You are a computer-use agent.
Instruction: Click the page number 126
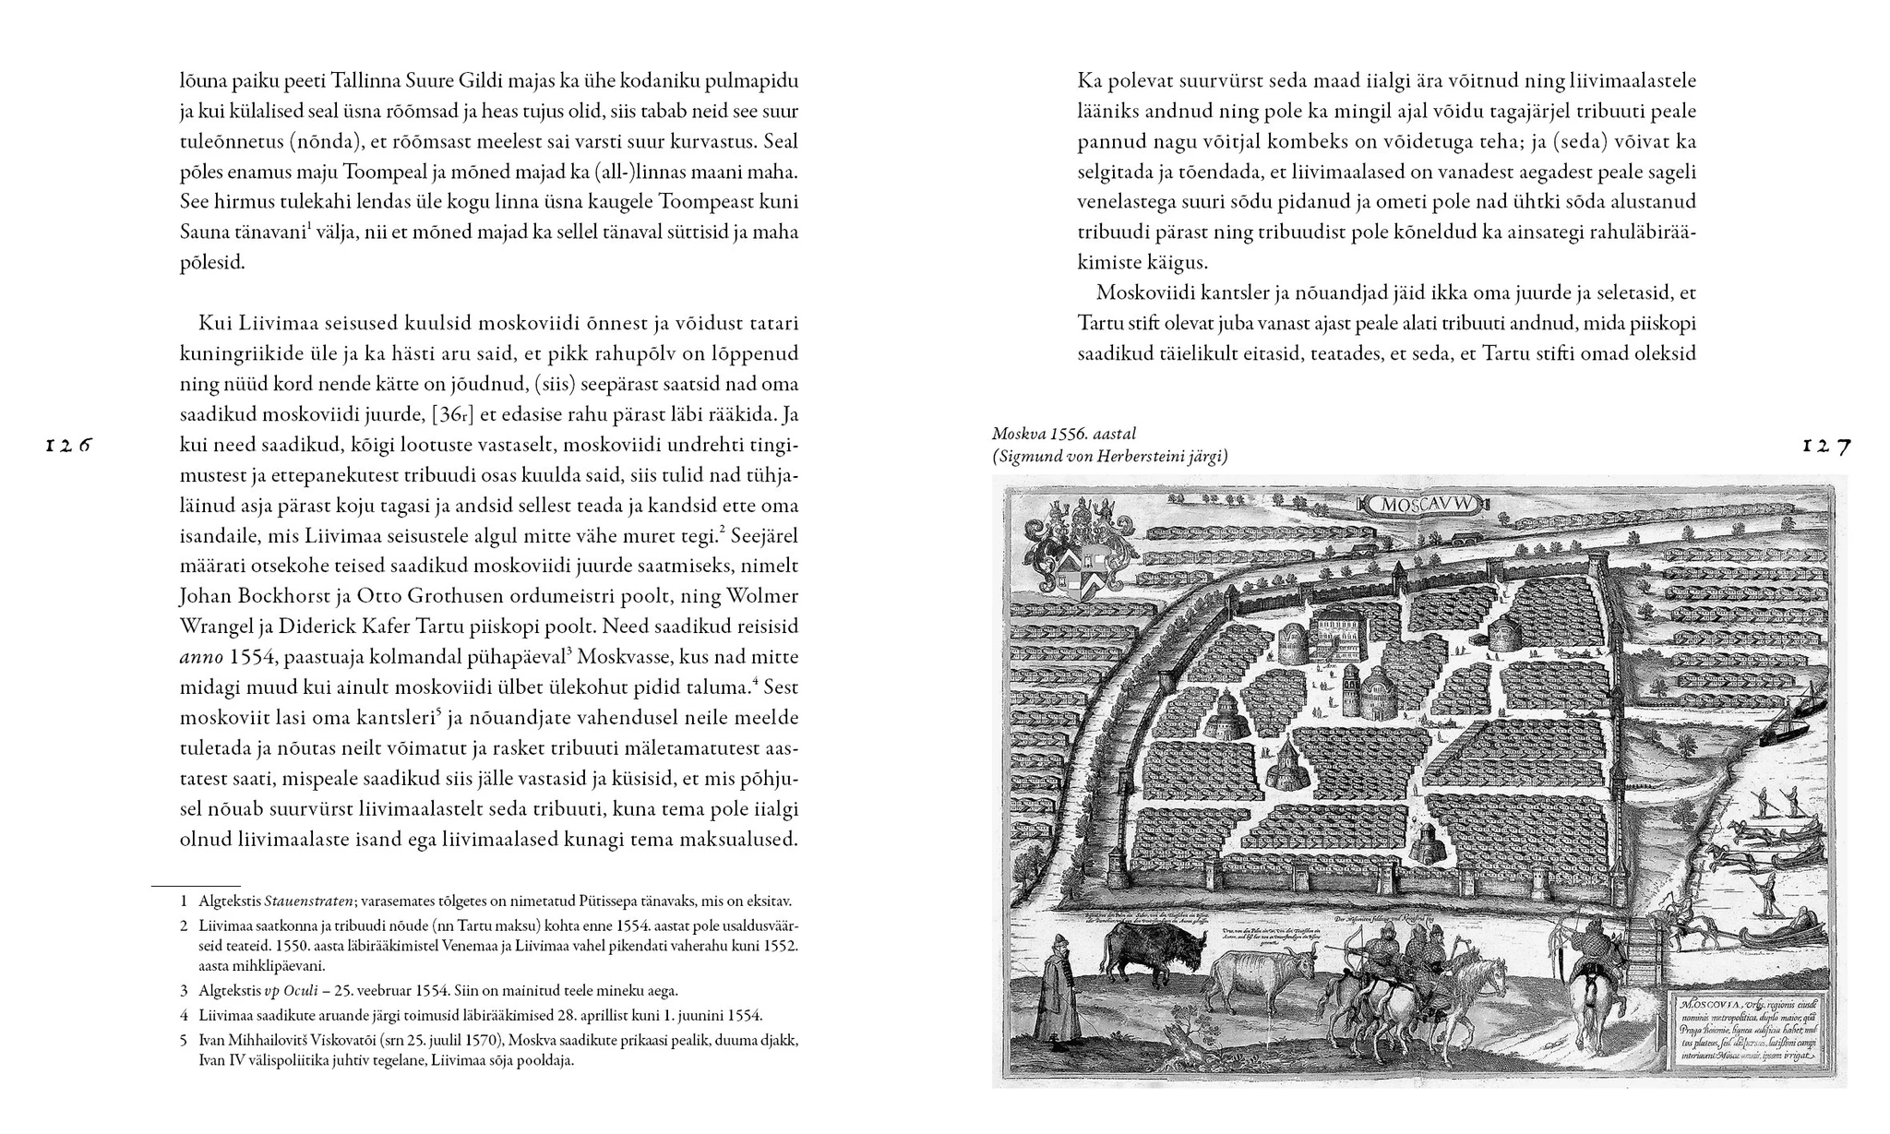(x=69, y=446)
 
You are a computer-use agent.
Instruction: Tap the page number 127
(x=1826, y=447)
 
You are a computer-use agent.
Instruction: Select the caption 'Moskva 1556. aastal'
(x=1063, y=434)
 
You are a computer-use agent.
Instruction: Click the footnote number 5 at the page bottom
(x=184, y=1040)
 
